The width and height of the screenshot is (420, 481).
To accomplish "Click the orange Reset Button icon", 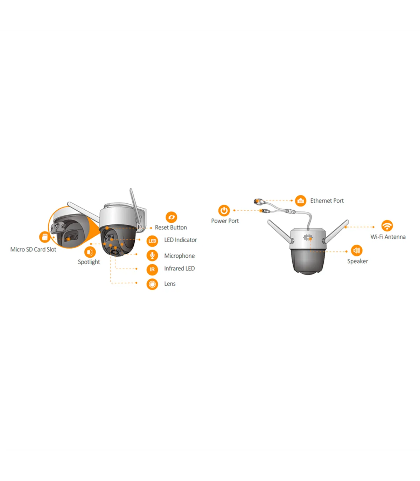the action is tap(171, 217).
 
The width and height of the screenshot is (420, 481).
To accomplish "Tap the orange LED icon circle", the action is tap(152, 241).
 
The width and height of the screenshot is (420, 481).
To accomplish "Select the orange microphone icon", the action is tap(152, 255).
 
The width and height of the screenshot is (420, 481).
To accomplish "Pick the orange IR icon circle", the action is tap(152, 269).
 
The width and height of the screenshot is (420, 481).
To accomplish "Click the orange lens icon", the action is tap(152, 284).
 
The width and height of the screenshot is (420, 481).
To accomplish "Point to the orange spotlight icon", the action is tap(90, 252).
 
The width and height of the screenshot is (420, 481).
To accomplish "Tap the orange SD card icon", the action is tap(44, 237).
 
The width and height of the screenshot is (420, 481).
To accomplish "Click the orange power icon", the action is tap(224, 210).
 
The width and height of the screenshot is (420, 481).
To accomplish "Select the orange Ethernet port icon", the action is tap(301, 201).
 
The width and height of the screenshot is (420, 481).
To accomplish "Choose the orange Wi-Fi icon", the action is tap(387, 226).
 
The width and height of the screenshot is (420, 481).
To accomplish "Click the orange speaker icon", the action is tap(357, 250).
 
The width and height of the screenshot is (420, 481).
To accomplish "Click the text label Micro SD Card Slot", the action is tap(33, 249).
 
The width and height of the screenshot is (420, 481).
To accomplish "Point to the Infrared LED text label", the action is tap(180, 269).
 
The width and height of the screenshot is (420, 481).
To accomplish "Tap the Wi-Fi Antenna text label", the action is tap(388, 237).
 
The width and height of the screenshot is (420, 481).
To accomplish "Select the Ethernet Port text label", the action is tap(327, 201).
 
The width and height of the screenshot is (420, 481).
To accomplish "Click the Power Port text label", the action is tap(225, 221).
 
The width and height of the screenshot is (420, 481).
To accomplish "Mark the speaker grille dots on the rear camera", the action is tap(308, 237).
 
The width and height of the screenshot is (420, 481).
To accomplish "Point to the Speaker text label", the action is tap(358, 261).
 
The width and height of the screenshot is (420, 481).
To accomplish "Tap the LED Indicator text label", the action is tap(181, 240).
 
